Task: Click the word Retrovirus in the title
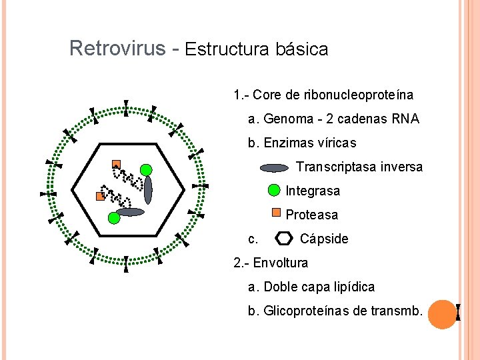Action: tap(117, 49)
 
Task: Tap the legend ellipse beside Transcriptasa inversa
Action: tap(273, 168)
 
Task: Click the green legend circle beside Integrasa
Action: tap(274, 191)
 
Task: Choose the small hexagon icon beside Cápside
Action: tap(284, 238)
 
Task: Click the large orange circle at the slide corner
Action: tap(441, 314)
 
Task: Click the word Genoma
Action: tap(288, 119)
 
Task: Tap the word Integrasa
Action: tap(313, 191)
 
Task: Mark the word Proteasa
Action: tap(312, 215)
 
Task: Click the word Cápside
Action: tap(324, 239)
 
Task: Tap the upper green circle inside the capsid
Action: tap(147, 170)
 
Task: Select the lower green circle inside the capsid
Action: tap(113, 217)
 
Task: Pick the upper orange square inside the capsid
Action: tap(116, 164)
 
